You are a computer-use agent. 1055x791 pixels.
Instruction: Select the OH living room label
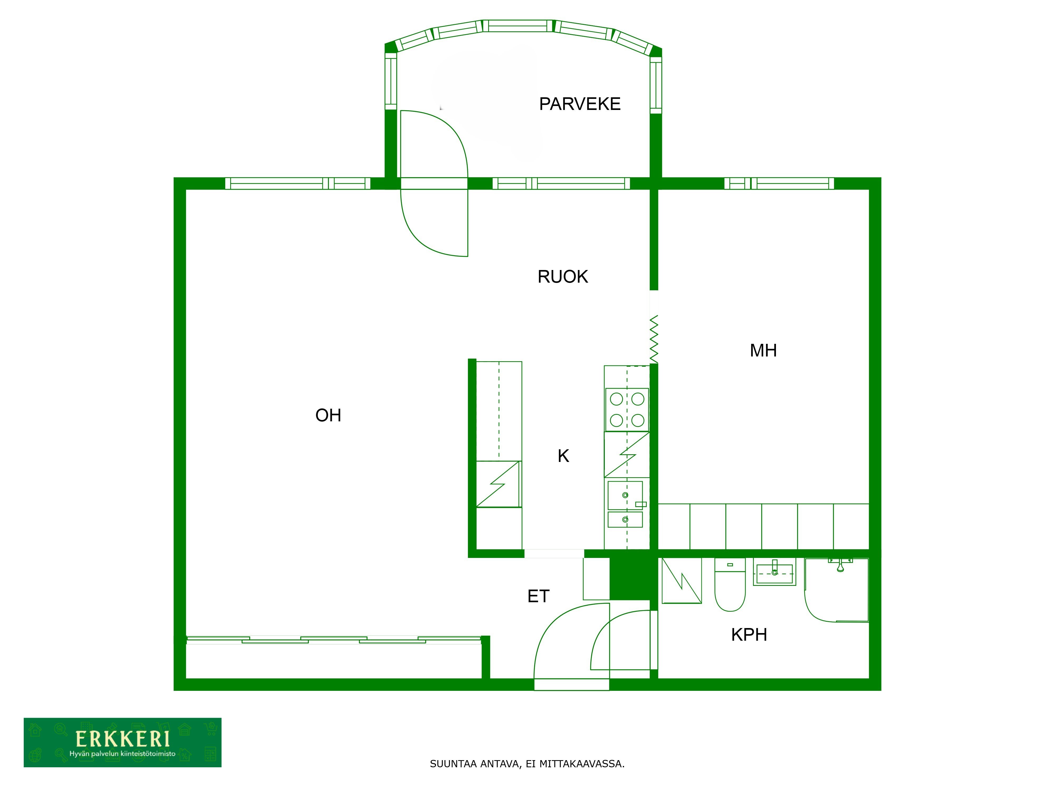[328, 415]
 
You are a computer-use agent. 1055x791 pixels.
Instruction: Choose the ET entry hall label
[539, 596]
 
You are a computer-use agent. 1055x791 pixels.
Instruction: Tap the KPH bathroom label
[749, 635]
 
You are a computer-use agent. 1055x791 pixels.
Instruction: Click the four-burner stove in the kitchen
[627, 409]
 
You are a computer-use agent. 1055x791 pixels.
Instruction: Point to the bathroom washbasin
[774, 573]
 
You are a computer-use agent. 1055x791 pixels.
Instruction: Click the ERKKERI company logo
[123, 742]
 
